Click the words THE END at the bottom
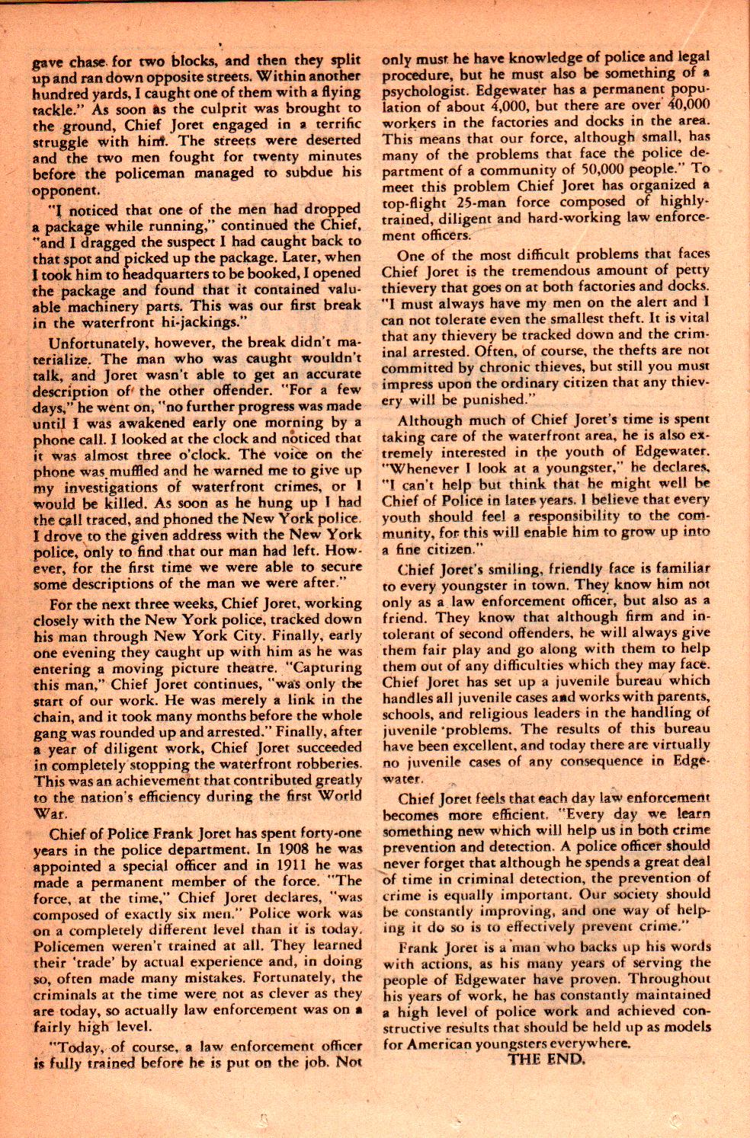547,1060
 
